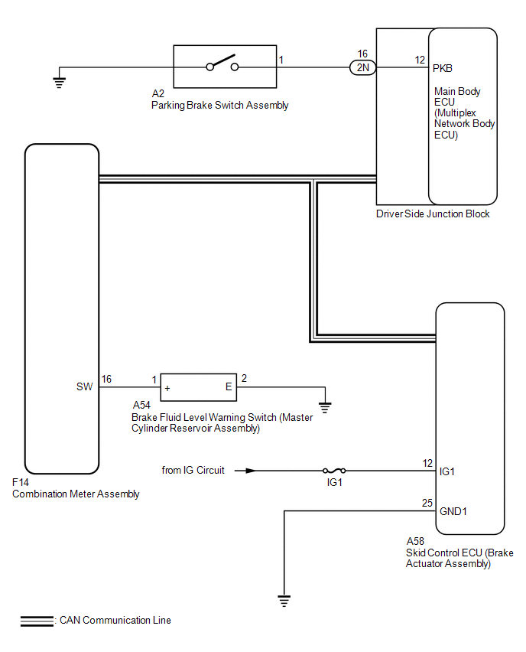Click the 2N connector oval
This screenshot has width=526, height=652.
point(362,67)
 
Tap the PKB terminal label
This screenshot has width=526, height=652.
point(442,68)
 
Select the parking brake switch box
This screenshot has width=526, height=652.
point(225,67)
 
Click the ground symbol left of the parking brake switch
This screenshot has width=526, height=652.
point(60,83)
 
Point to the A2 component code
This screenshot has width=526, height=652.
point(158,93)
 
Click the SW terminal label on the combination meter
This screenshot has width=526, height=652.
point(84,386)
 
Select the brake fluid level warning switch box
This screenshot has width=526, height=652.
point(199,387)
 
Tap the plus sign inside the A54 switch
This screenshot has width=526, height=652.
point(167,389)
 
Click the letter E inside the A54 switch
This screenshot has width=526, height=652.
point(229,386)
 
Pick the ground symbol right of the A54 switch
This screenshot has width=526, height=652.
point(325,407)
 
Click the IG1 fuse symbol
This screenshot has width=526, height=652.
point(334,471)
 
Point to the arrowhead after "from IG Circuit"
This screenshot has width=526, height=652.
point(251,471)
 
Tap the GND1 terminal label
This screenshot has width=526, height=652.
point(453,511)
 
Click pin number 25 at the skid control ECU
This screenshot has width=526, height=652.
point(427,503)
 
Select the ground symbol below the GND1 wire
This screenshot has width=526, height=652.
point(284,601)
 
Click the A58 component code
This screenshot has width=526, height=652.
point(415,541)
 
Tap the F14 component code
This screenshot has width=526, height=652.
point(21,482)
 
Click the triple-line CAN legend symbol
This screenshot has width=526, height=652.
point(37,621)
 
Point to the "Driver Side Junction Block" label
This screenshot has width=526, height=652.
point(433,214)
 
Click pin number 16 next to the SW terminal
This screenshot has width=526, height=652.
point(106,379)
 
